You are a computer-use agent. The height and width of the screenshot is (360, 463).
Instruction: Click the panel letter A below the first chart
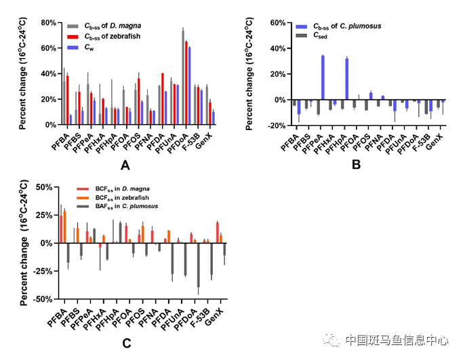[x=124, y=164]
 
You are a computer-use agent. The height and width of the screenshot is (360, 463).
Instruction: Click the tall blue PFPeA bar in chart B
[x=323, y=77]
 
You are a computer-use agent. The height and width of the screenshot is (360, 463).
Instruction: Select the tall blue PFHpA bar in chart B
[x=346, y=79]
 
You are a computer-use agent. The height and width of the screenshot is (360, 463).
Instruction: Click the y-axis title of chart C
[x=22, y=243]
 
